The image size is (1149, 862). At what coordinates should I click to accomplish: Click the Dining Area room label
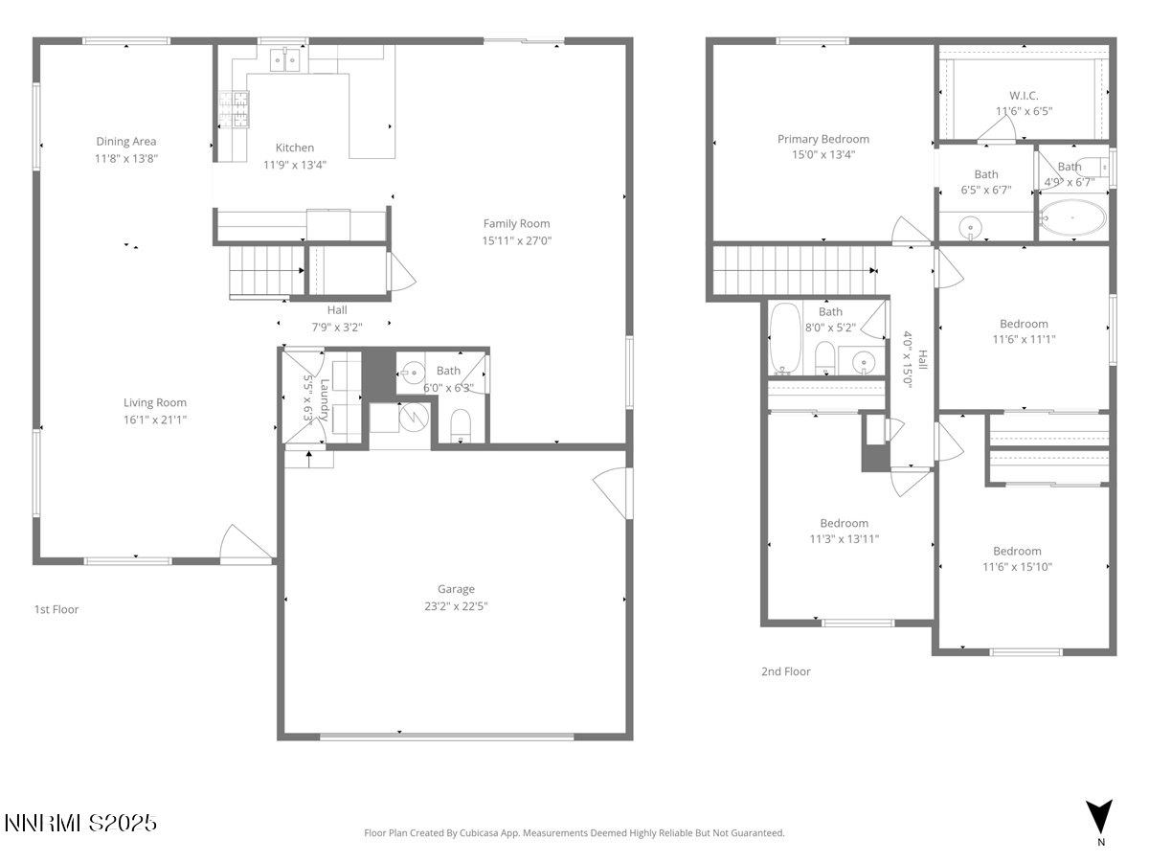(125, 142)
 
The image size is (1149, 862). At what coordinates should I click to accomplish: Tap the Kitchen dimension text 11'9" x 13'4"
(295, 164)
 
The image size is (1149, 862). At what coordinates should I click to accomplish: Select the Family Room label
(516, 224)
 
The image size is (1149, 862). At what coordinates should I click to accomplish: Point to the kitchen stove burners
(233, 108)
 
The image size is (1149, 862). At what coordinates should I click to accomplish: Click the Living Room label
(154, 403)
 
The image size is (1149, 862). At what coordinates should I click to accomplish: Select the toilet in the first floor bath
(461, 424)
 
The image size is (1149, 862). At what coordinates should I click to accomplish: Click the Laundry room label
(325, 400)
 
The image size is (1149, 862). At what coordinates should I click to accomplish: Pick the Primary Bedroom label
(822, 140)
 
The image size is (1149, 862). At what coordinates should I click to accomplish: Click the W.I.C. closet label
(1024, 96)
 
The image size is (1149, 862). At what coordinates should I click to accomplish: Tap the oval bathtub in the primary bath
(1071, 219)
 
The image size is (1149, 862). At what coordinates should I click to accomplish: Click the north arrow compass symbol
(1100, 816)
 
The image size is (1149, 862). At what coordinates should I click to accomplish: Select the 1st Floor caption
(56, 609)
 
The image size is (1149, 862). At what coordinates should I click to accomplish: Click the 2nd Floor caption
(785, 671)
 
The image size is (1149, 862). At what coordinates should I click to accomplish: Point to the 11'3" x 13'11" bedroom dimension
(844, 539)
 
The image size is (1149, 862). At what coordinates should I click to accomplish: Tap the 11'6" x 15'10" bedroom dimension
(1016, 567)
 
